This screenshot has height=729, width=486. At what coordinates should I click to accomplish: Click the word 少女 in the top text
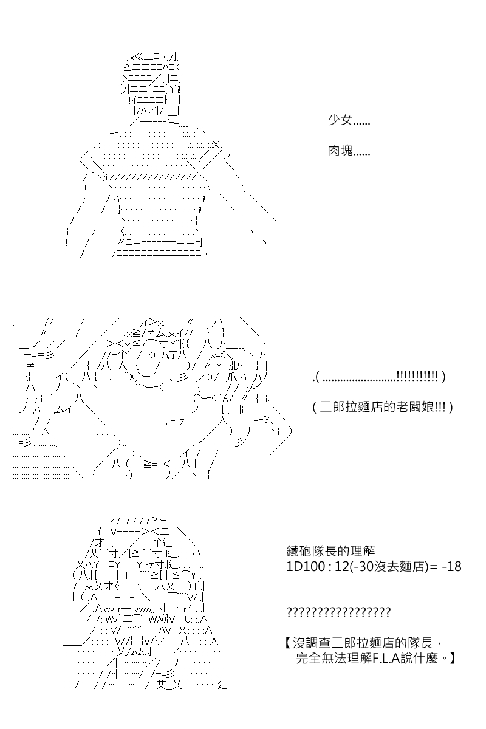(340, 120)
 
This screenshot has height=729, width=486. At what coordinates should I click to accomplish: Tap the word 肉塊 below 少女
(340, 151)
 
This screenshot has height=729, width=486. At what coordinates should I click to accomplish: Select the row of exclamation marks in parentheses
(417, 376)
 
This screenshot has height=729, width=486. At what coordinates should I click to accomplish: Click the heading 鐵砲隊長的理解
(330, 551)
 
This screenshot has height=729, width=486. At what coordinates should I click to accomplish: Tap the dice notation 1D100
(306, 567)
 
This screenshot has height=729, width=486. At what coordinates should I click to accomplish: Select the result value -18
(452, 567)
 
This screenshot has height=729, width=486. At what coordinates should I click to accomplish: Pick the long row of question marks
(338, 612)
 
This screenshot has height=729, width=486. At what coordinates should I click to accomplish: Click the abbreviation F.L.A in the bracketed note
(386, 659)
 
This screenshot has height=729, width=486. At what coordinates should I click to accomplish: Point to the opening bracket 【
(288, 643)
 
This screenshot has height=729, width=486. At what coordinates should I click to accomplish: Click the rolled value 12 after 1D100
(342, 567)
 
